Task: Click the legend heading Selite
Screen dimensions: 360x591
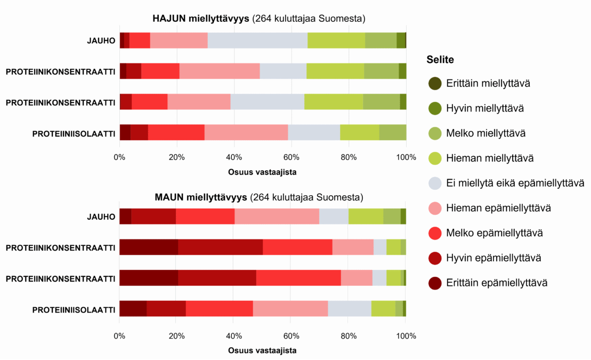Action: [440, 60]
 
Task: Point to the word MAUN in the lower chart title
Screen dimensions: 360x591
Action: [170, 198]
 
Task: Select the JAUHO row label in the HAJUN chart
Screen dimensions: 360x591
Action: [101, 40]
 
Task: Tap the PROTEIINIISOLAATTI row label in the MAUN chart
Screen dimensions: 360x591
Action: [74, 309]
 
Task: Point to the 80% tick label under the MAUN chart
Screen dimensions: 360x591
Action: [349, 336]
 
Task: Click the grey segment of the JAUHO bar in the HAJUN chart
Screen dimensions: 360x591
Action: [257, 40]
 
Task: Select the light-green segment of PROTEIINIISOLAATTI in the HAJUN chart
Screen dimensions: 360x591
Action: [359, 132]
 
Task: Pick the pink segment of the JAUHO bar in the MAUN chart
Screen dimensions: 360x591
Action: [277, 217]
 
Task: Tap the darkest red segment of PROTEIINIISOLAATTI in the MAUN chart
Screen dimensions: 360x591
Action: [133, 309]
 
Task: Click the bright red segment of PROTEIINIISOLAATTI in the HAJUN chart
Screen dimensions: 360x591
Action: [176, 132]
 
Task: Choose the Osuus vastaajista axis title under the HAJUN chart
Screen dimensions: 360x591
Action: [263, 172]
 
